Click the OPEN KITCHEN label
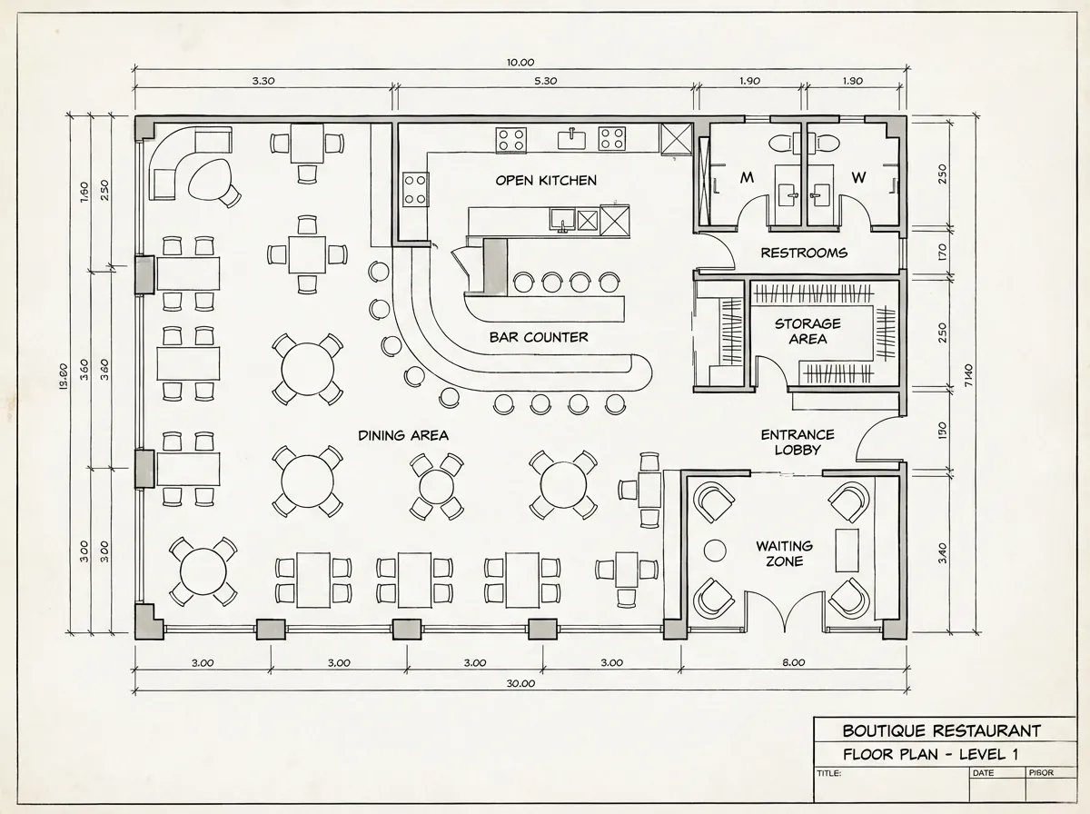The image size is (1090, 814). click(x=546, y=180)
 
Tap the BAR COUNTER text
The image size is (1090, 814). click(x=539, y=337)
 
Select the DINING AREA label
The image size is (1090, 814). click(x=402, y=435)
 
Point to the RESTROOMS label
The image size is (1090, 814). click(x=804, y=253)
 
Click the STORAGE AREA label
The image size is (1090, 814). click(x=808, y=331)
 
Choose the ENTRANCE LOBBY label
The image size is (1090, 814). click(x=797, y=442)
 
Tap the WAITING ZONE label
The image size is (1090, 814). click(x=784, y=553)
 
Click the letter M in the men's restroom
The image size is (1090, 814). click(x=748, y=178)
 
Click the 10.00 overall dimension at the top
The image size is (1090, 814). click(x=520, y=62)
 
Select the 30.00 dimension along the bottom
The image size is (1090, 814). click(x=520, y=683)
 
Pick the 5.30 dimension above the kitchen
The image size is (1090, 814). click(x=545, y=81)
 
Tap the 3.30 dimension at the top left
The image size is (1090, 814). click(x=263, y=81)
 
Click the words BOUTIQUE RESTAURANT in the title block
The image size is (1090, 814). click(x=941, y=730)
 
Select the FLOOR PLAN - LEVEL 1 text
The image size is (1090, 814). click(x=930, y=753)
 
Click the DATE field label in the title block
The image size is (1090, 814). click(x=983, y=773)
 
